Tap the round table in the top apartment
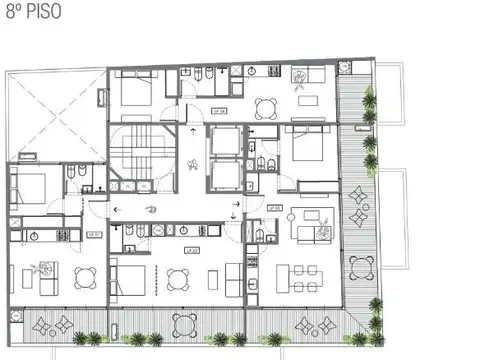266,109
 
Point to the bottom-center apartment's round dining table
179,278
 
